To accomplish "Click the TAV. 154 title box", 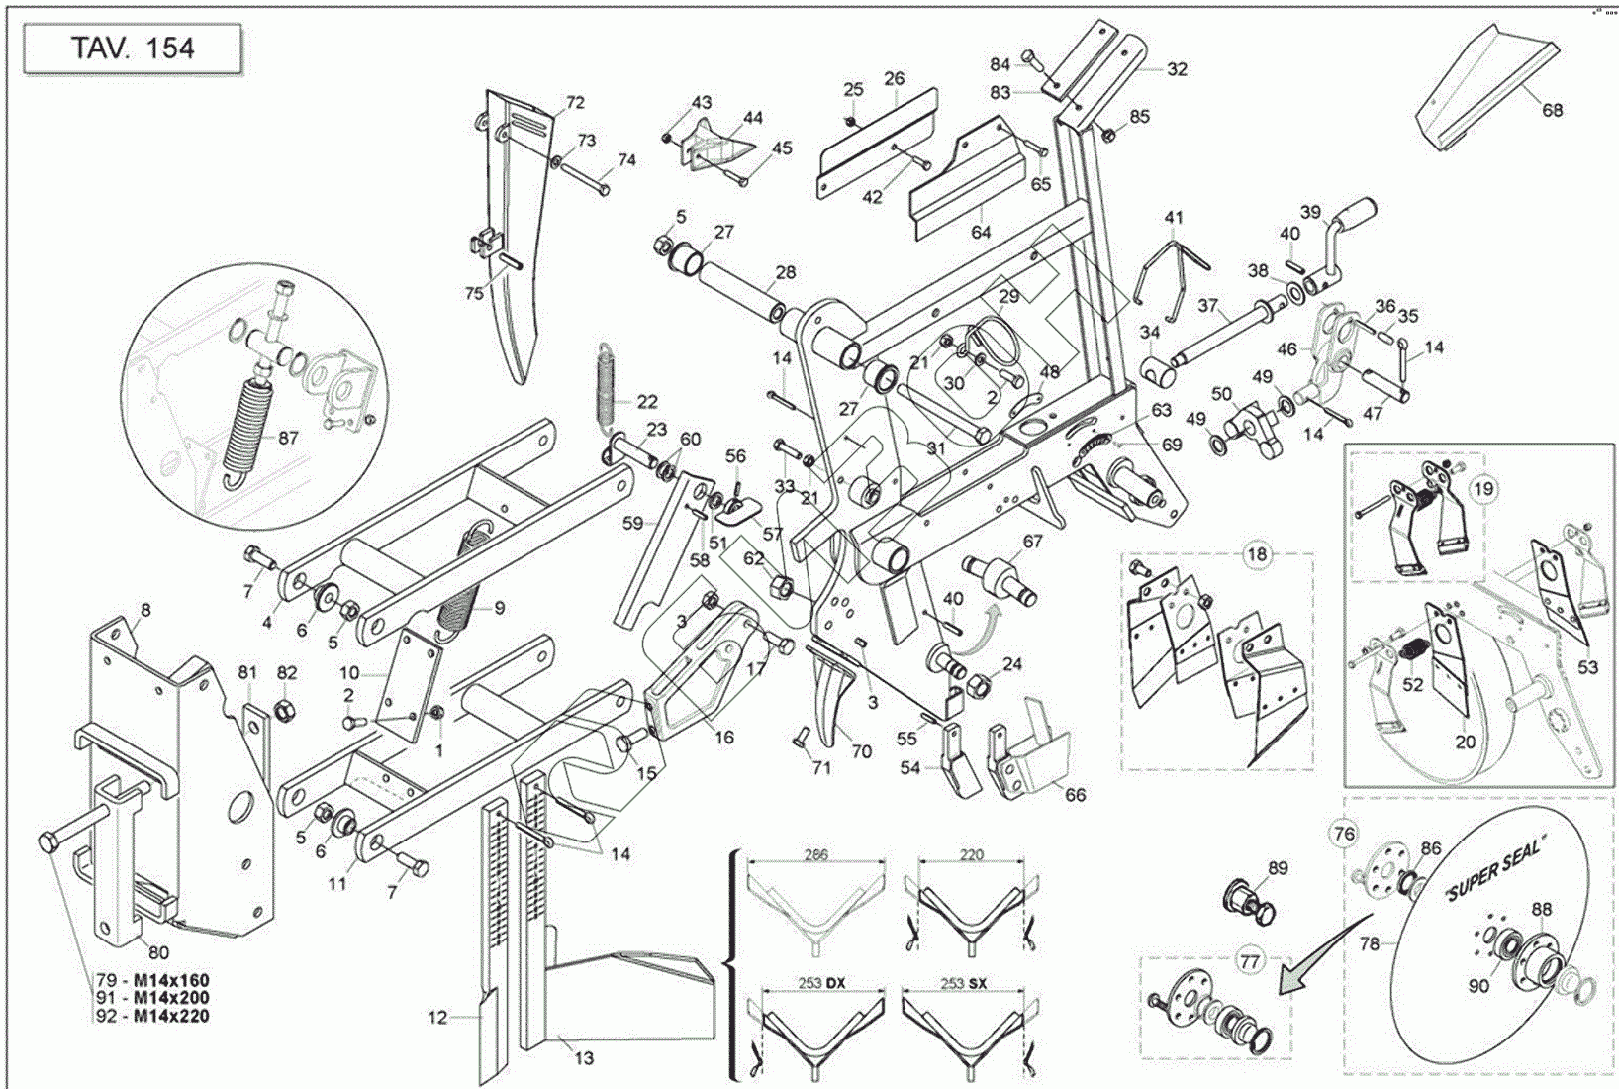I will click(x=133, y=49).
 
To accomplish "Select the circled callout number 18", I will click(x=1256, y=554).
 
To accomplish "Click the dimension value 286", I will click(x=815, y=854).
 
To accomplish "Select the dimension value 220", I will click(x=972, y=854).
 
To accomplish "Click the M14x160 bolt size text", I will click(x=171, y=981).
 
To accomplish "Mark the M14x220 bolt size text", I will click(x=171, y=1015).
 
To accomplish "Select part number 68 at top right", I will click(x=1552, y=110).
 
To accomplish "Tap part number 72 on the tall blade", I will click(x=575, y=102).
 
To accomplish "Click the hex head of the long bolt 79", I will click(x=48, y=843).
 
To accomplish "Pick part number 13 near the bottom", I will click(x=584, y=1058).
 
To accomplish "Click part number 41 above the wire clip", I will click(x=1174, y=218).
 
